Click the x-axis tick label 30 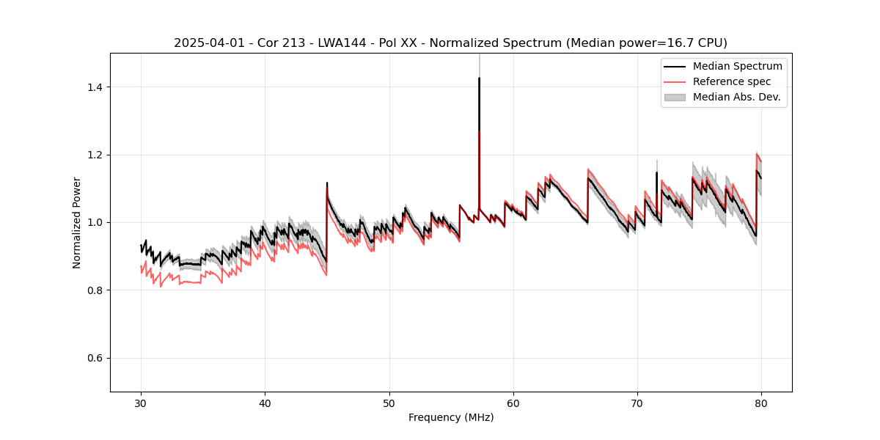click(141, 403)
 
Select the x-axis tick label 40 click(265, 403)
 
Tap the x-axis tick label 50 click(389, 403)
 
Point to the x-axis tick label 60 click(513, 403)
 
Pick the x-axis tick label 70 click(637, 403)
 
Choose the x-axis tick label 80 click(760, 403)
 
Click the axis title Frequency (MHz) click(451, 417)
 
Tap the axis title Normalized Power click(77, 222)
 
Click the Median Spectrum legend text click(737, 66)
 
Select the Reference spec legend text click(732, 81)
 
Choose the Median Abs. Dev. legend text click(736, 97)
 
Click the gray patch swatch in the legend click(675, 97)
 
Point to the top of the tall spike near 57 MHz click(479, 78)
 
